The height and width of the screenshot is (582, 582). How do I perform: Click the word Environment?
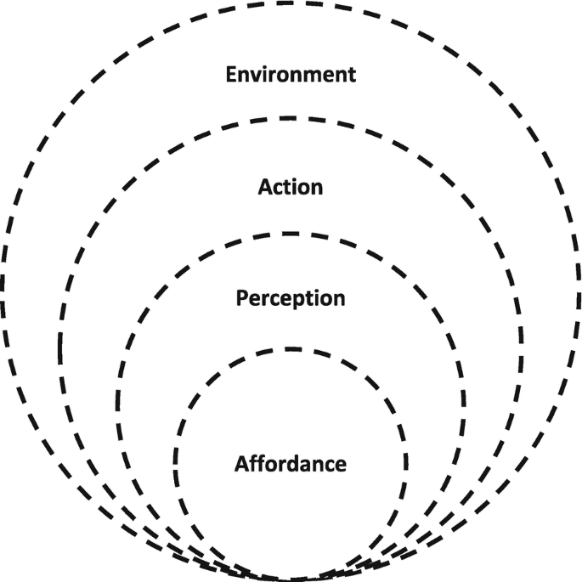point(291,74)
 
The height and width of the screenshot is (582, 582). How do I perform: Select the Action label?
point(291,186)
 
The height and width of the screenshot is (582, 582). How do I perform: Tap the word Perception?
point(291,299)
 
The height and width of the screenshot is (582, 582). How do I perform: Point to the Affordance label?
point(291,465)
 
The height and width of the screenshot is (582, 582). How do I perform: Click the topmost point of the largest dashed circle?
point(291,3)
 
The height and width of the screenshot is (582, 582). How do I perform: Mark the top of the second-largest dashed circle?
point(291,119)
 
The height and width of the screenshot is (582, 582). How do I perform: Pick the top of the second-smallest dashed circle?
point(291,234)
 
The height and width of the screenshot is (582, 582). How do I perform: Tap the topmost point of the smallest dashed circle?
point(291,348)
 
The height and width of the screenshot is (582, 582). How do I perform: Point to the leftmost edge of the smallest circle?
point(176,464)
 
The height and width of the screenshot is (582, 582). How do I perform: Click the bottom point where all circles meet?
point(291,579)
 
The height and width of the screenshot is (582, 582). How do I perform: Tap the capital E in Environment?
point(230,74)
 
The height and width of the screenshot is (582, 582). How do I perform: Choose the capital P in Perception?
point(241,299)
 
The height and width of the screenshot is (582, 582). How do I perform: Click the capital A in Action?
point(264,186)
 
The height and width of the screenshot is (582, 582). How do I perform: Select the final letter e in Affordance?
point(341,466)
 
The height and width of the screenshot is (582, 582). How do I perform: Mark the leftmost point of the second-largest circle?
point(60,349)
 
